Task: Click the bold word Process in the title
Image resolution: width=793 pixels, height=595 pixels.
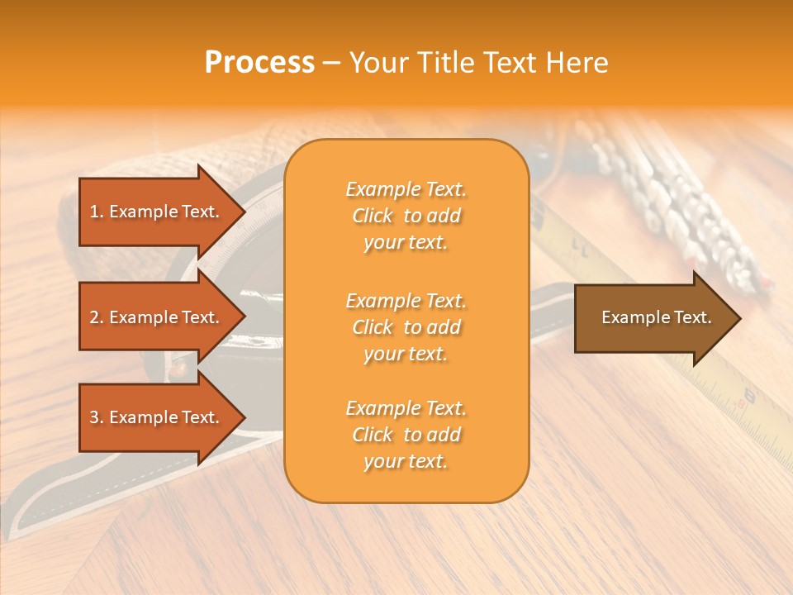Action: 259,63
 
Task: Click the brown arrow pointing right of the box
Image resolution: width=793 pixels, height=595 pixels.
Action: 653,317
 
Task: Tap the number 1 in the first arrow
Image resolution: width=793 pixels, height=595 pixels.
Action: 94,212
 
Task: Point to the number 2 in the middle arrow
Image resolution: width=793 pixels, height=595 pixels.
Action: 94,317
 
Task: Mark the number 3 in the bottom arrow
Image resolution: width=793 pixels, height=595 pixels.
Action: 94,417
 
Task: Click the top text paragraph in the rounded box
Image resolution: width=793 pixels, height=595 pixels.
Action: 406,216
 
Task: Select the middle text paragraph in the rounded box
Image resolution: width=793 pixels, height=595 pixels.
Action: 406,327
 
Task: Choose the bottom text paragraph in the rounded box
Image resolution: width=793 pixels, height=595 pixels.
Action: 406,435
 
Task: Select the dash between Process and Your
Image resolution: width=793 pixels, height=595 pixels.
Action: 332,63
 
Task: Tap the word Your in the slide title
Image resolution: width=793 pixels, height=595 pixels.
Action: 377,63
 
